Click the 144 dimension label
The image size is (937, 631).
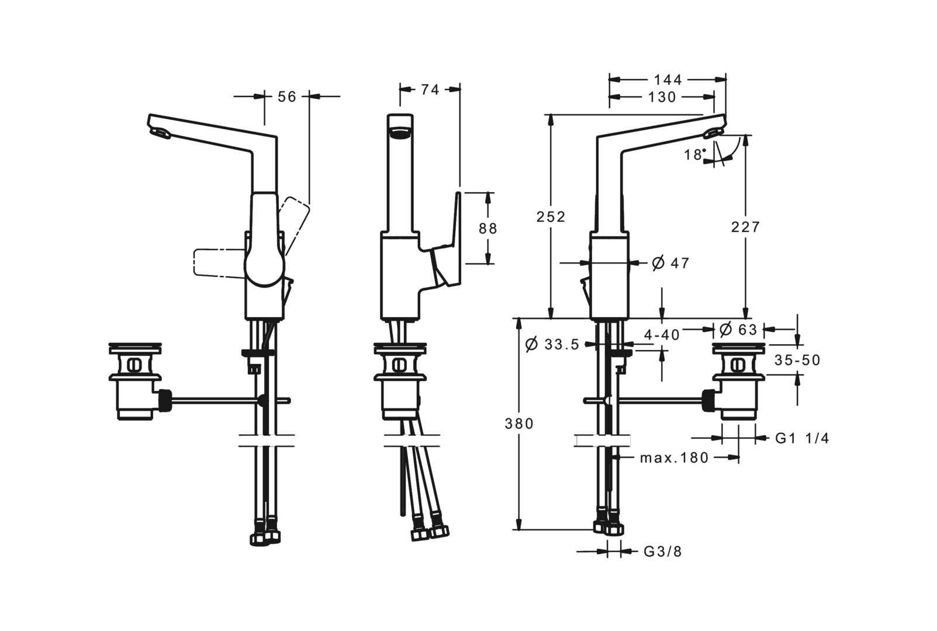tap(667, 79)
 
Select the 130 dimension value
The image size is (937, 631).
tap(662, 98)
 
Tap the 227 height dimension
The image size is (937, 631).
tap(745, 226)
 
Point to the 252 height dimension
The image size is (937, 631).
tap(552, 216)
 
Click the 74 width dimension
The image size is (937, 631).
tap(430, 89)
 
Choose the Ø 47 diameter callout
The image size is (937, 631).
tap(670, 263)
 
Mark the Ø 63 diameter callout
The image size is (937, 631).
tap(738, 330)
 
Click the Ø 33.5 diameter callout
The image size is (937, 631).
tap(552, 345)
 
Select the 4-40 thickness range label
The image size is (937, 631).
tap(662, 334)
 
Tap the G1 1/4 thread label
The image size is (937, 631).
tap(802, 438)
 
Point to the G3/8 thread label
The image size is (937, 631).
tap(662, 551)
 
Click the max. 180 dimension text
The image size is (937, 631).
tap(673, 457)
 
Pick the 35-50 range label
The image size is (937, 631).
tap(797, 360)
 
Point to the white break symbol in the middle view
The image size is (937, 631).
tap(413, 442)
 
